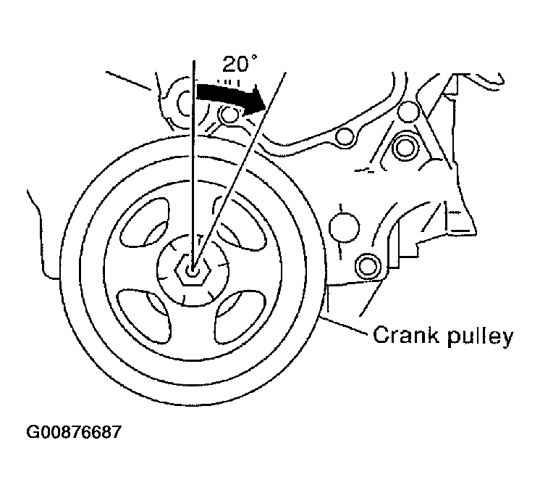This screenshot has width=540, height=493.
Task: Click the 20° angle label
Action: point(240,65)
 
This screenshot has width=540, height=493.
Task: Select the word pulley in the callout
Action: point(481,336)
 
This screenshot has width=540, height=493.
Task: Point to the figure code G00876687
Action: point(74,431)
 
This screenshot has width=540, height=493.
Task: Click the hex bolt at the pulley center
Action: point(192,270)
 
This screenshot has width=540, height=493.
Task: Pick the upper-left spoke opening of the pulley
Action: point(145,223)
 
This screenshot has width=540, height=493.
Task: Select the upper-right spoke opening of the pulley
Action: point(240,224)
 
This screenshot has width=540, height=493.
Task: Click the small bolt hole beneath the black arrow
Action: point(228,115)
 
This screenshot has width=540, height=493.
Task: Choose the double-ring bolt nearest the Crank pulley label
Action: point(368,266)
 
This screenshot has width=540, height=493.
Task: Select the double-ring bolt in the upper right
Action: point(405,147)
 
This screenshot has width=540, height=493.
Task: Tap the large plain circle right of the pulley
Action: point(344,228)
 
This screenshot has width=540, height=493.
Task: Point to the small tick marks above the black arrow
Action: point(228,83)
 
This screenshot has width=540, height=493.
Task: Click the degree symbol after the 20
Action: point(254,57)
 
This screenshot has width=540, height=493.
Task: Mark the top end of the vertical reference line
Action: point(194,61)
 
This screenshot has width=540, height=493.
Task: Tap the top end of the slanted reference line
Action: point(285,72)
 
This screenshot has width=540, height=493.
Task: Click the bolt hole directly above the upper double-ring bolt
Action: point(408,112)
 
